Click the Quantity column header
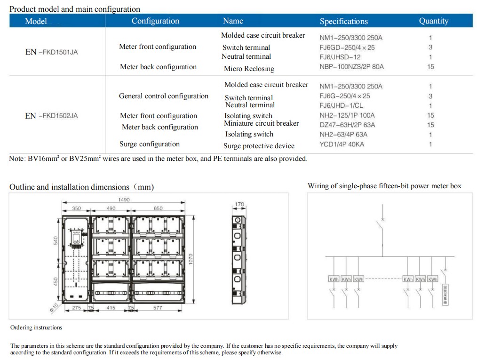click(433, 21)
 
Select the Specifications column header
click(343, 21)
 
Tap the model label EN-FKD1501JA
click(51, 52)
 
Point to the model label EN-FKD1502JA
click(51, 116)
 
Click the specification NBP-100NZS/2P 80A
click(351, 67)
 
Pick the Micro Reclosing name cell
click(249, 69)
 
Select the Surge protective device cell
click(259, 146)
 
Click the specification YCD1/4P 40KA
click(342, 144)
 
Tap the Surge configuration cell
click(150, 144)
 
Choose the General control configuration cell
click(163, 96)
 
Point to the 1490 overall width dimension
click(124, 200)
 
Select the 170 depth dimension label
click(239, 205)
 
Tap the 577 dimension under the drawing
click(158, 308)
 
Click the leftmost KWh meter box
click(334, 280)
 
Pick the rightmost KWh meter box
click(433, 280)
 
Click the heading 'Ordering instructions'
click(36, 328)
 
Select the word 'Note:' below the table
click(17, 159)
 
